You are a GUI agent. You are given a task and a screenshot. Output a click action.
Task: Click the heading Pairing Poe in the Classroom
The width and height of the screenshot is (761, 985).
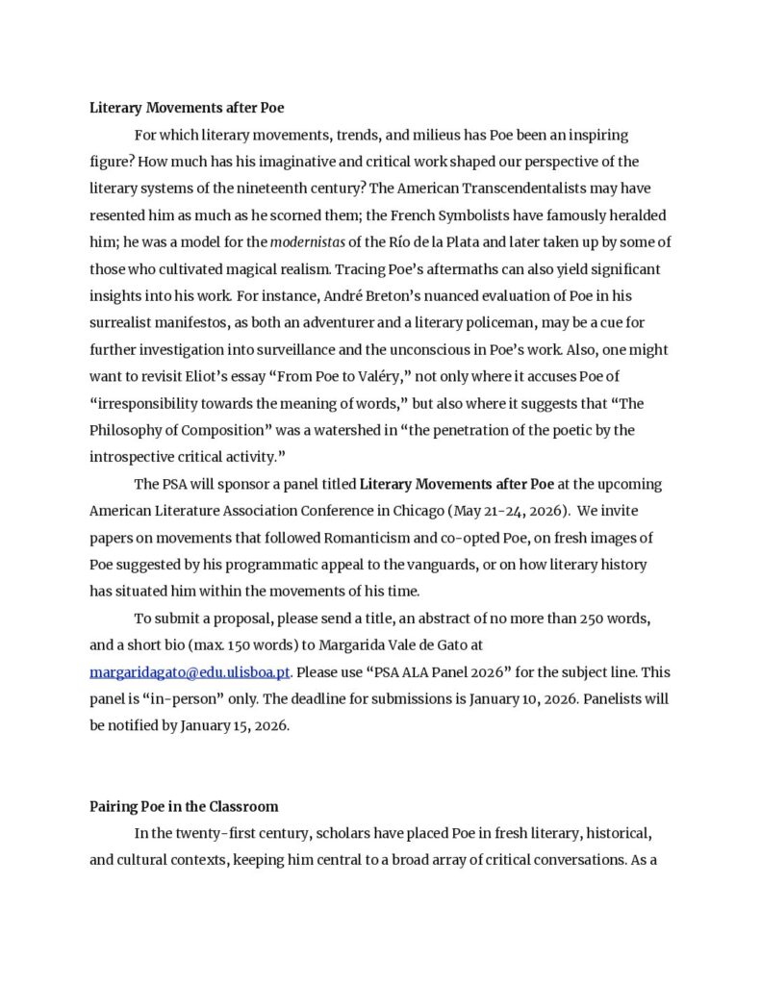coord(184,806)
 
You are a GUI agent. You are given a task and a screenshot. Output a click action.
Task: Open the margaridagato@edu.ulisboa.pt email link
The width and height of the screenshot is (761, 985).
coord(190,671)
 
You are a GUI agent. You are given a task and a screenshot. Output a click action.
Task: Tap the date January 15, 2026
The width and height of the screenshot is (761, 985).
coord(235,725)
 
